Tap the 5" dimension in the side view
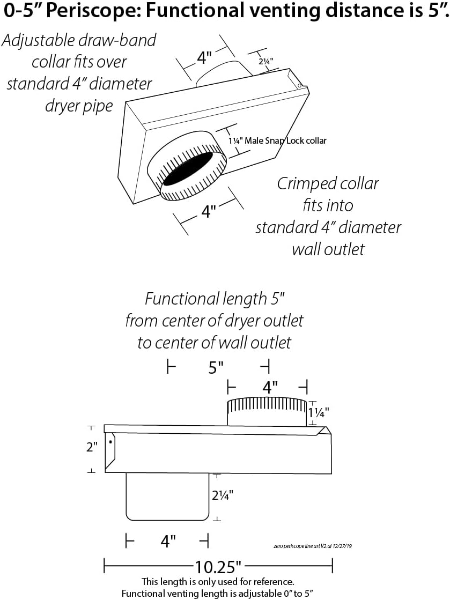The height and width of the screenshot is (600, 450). coord(216,368)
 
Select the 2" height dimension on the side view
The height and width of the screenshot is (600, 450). coord(92,447)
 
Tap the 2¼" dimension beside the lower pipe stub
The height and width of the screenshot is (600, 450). coord(225,497)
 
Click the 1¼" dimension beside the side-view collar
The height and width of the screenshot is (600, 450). coord(319,412)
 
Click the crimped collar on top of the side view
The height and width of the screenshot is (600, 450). coord(267,412)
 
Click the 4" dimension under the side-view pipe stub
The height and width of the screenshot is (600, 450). coord(168,542)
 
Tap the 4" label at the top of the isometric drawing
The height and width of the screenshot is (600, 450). coord(204,57)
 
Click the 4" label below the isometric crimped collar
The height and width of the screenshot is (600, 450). coord(208,212)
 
